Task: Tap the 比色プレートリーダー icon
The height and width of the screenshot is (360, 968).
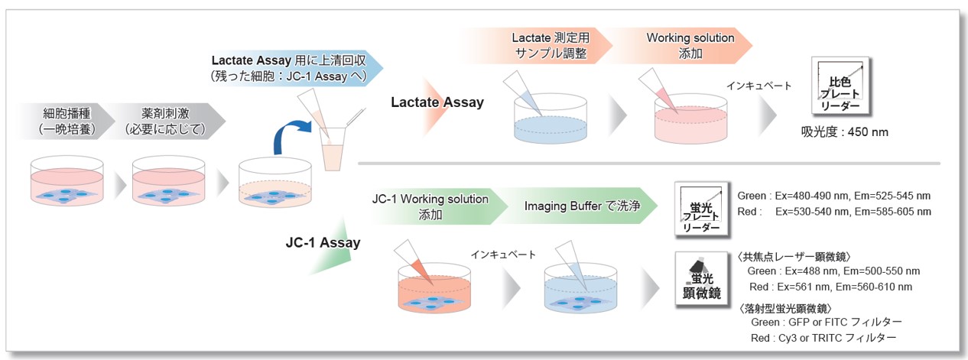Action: point(840,86)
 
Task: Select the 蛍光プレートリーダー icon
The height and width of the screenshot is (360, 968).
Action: point(702,209)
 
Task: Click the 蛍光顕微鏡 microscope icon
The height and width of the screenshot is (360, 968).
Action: point(702,279)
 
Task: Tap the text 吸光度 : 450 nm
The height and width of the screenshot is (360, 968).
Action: point(845,131)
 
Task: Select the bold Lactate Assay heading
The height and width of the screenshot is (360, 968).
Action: point(437,102)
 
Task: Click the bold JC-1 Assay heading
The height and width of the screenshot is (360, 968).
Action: point(323,242)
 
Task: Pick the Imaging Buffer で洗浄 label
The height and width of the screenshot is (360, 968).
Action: point(582,206)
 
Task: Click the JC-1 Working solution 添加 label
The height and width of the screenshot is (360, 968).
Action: point(430,206)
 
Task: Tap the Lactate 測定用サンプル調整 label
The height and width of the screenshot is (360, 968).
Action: point(551,45)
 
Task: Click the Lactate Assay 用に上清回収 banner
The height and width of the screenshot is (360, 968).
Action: point(289,68)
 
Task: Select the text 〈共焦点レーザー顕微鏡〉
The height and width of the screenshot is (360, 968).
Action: point(794,257)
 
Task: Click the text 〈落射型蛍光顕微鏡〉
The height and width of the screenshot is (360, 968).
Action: point(785,308)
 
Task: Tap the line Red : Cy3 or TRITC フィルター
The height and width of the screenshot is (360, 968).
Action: point(823,338)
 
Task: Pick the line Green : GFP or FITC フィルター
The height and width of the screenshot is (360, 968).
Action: point(827,323)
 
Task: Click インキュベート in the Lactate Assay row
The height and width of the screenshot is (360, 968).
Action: point(758,86)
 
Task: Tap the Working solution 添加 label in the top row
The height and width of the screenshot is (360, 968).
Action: point(690,45)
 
